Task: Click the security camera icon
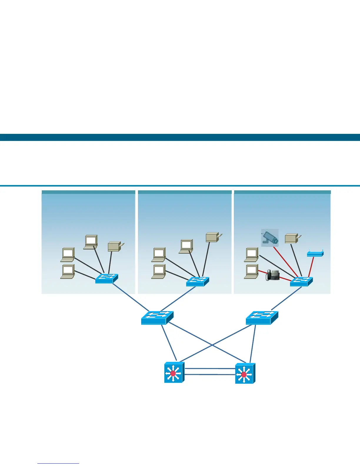pos(270,238)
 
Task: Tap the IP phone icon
pos(272,275)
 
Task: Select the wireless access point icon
pos(315,254)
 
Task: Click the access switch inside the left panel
pos(106,279)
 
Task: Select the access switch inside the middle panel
pos(197,281)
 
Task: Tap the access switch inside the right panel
pos(301,282)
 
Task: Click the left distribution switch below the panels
pos(157,318)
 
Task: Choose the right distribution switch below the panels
pos(262,318)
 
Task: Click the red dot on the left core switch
pos(173,373)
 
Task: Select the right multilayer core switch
pos(245,373)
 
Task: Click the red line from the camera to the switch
pos(285,262)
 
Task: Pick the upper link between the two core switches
pos(210,368)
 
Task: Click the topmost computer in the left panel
pos(91,242)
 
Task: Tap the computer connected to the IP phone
pos(251,272)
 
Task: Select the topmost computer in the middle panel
pos(186,246)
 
